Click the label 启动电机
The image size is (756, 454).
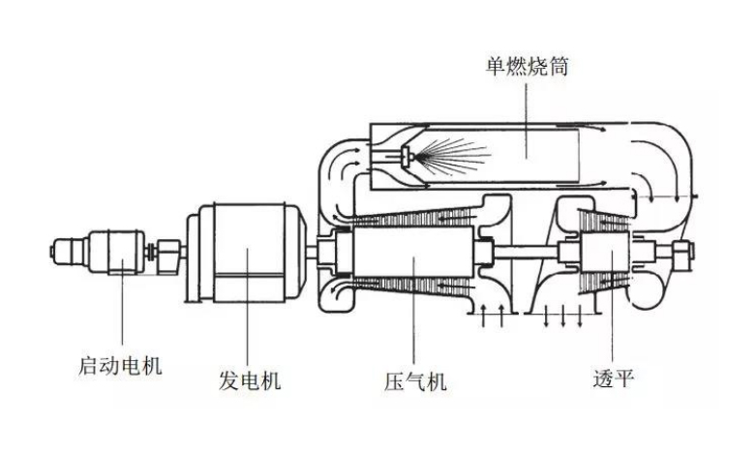[x=120, y=365]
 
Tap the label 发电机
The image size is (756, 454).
[x=250, y=380]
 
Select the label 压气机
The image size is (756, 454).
[x=415, y=381]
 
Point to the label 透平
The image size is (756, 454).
[x=614, y=378]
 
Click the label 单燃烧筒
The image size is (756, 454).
[x=528, y=66]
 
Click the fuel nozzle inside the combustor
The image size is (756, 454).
[x=408, y=155]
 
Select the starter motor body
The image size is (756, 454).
[x=117, y=252]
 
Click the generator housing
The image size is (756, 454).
[x=249, y=253]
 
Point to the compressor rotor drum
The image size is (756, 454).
[x=413, y=252]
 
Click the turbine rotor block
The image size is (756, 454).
[x=605, y=252]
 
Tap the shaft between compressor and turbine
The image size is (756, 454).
[x=526, y=252]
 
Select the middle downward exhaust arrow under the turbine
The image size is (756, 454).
[x=563, y=316]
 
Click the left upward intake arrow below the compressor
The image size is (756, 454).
[x=484, y=316]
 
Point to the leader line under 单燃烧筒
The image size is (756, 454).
[x=526, y=119]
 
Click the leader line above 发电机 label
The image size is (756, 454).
[x=248, y=307]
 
